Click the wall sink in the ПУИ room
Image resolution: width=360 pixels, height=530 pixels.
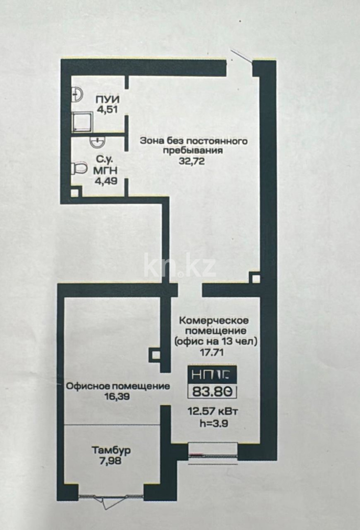tap(76, 94)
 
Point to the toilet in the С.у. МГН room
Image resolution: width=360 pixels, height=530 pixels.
tap(78, 169)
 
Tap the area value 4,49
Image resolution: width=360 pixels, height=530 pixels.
tap(106, 180)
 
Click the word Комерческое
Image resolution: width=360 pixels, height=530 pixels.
tap(214, 320)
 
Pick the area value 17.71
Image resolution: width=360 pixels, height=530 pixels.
tap(214, 351)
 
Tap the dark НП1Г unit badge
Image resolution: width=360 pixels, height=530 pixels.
tap(212, 374)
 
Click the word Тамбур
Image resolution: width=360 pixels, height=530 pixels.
tap(111, 450)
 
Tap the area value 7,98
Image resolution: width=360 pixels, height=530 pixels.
tap(111, 460)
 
